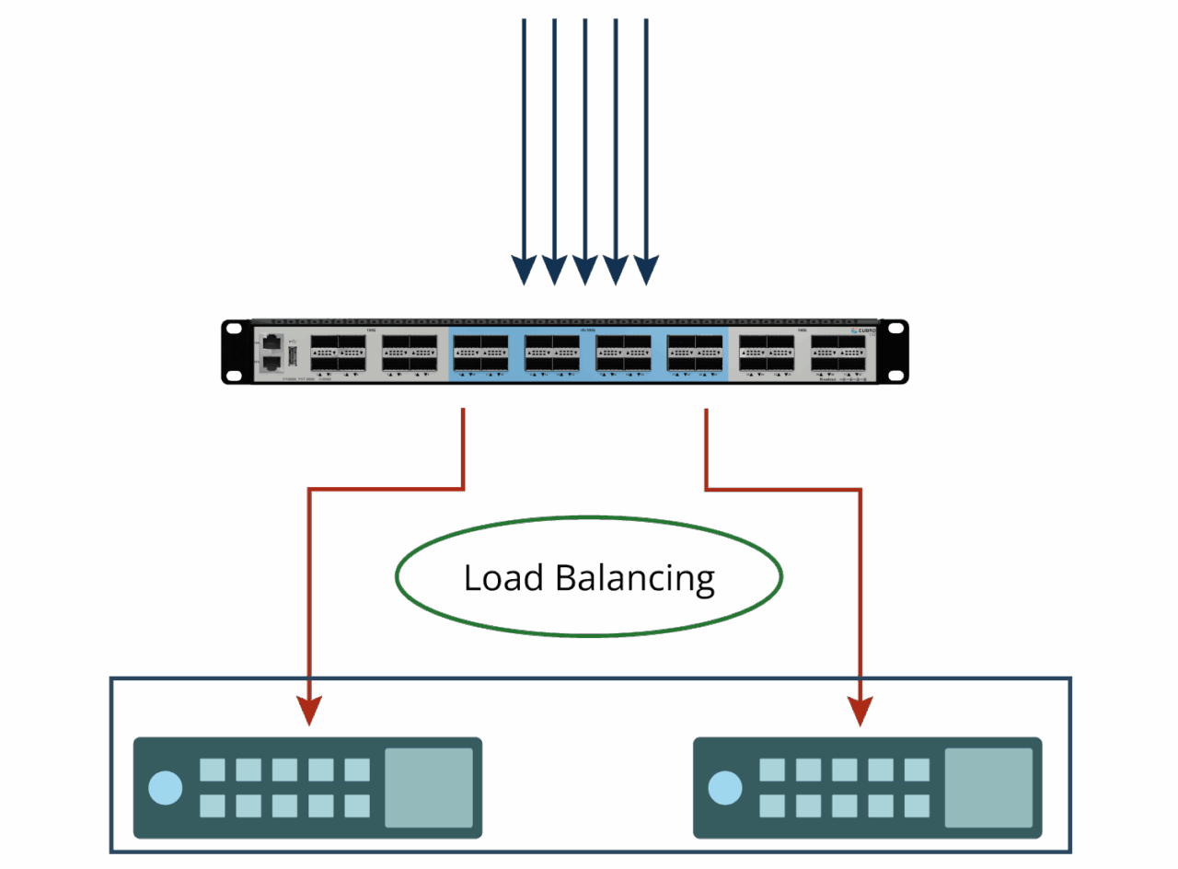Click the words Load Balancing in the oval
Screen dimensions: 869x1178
click(x=589, y=578)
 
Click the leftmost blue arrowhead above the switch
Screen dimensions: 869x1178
click(x=523, y=269)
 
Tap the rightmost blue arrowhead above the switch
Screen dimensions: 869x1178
click(x=646, y=269)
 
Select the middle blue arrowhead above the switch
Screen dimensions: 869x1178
click(x=584, y=269)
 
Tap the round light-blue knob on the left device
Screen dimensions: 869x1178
click(x=166, y=788)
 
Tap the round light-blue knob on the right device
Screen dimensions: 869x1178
click(x=725, y=788)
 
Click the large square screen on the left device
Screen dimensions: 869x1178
click(x=429, y=787)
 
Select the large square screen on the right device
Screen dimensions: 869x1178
click(x=988, y=787)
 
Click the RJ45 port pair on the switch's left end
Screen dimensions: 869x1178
click(x=271, y=353)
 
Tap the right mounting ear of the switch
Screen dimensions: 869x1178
click(x=894, y=352)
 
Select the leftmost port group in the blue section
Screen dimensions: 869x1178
click(x=480, y=353)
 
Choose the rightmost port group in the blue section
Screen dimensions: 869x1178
click(x=695, y=353)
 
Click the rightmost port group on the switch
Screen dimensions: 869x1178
click(x=838, y=353)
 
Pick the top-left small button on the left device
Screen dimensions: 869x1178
click(x=213, y=770)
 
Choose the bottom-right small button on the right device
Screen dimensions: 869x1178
click(x=917, y=806)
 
